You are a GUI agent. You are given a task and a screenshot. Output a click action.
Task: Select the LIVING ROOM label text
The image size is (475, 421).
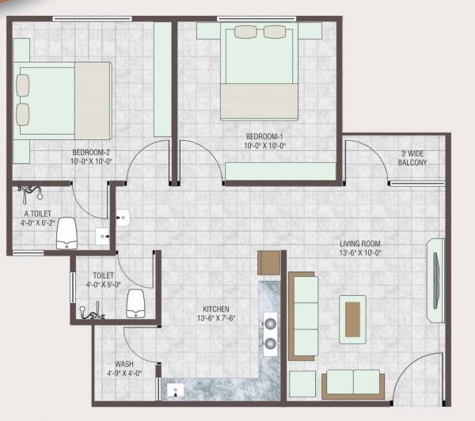tap(360, 244)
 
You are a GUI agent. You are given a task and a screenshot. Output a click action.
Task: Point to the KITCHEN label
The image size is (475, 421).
tap(215, 309)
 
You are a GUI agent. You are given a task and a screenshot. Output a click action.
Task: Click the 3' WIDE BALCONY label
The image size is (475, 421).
tap(413, 158)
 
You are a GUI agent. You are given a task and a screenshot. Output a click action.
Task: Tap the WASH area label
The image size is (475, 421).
tap(123, 365)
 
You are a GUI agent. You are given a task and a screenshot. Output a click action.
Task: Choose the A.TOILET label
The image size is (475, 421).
tap(36, 214)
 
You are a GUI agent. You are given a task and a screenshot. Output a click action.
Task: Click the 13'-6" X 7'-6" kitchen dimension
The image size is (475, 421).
tap(215, 318)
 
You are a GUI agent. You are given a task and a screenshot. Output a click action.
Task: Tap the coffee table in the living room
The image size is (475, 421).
tap(352, 318)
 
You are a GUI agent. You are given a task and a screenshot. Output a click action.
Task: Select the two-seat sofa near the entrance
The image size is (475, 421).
tap(353, 384)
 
